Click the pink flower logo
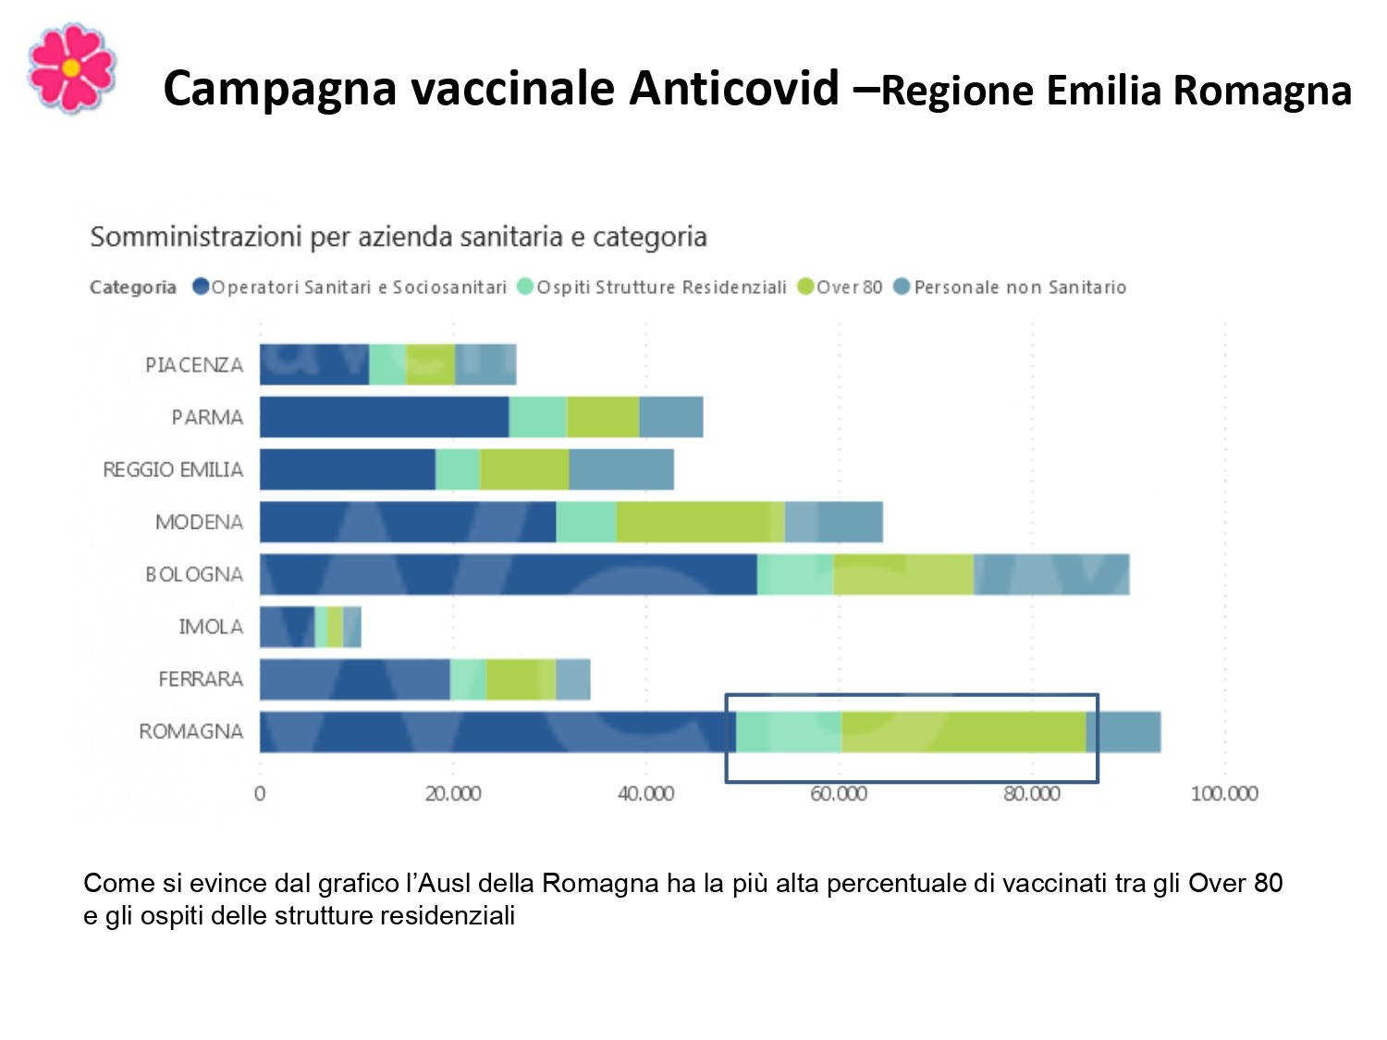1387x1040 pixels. pyautogui.click(x=71, y=68)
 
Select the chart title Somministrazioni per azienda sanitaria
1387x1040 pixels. pyautogui.click(x=398, y=238)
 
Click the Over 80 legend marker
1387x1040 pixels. pyautogui.click(x=805, y=287)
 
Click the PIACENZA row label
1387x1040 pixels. pyautogui.click(x=193, y=365)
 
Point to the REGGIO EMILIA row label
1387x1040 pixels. pyautogui.click(x=173, y=470)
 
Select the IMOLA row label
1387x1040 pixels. pyautogui.click(x=211, y=627)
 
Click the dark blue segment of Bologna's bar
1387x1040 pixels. pyautogui.click(x=508, y=574)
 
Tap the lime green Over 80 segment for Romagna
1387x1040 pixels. pyautogui.click(x=963, y=732)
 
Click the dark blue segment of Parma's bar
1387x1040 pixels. pyautogui.click(x=384, y=417)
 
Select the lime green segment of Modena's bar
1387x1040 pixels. pyautogui.click(x=700, y=522)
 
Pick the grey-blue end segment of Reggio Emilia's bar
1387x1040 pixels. pyautogui.click(x=621, y=470)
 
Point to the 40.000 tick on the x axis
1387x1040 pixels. pyautogui.click(x=645, y=793)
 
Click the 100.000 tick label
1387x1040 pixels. pyautogui.click(x=1224, y=793)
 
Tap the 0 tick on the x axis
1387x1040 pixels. pyautogui.click(x=260, y=793)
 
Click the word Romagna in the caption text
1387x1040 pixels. pyautogui.click(x=599, y=883)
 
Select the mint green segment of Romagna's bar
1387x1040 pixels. pyautogui.click(x=789, y=732)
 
